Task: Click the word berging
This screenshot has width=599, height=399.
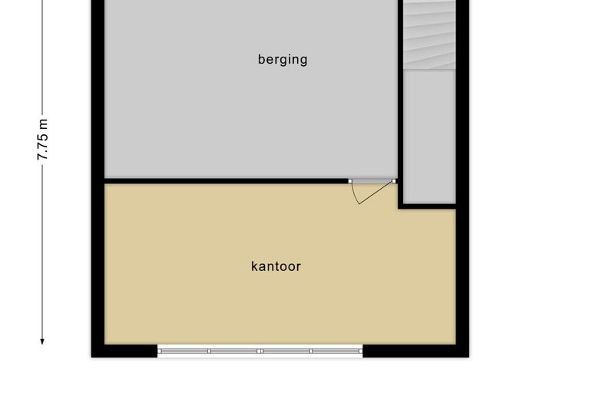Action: [283, 59]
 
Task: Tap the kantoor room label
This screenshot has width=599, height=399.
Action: [276, 266]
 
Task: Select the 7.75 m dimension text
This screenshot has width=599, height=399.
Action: [43, 139]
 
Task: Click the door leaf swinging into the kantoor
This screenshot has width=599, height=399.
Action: [376, 193]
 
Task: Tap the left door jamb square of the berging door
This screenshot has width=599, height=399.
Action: [350, 181]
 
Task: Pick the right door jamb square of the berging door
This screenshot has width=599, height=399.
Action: [395, 181]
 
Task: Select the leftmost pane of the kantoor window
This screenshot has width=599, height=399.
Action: [184, 351]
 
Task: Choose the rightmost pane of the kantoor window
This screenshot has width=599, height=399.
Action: [336, 351]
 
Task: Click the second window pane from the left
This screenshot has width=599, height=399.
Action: [234, 351]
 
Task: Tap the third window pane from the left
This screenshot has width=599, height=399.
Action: [286, 351]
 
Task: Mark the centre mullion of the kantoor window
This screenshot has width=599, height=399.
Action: [260, 351]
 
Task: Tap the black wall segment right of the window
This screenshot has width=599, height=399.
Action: [415, 351]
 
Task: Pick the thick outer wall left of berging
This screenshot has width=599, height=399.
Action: [98, 92]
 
